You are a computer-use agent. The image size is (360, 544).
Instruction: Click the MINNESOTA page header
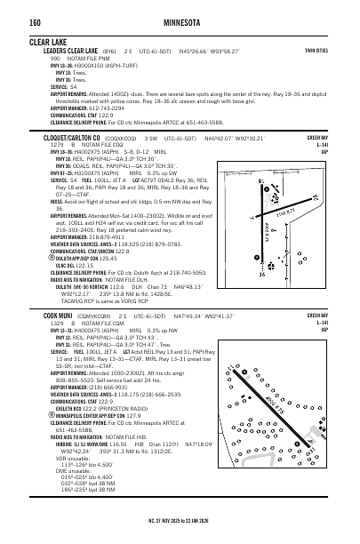pyautogui.click(x=180, y=20)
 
